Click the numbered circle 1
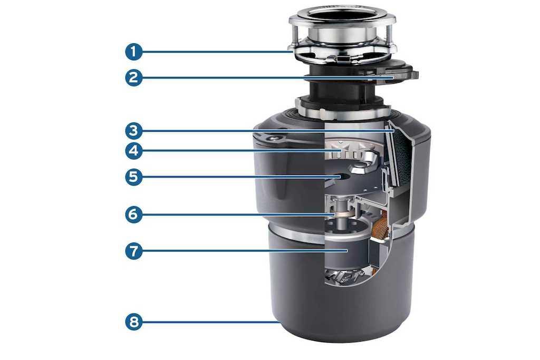click(133, 52)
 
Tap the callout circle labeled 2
click(133, 77)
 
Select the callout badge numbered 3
click(133, 131)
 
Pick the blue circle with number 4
click(133, 151)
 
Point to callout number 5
click(133, 177)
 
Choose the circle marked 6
click(133, 215)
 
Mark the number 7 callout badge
click(133, 250)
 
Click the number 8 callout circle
click(133, 322)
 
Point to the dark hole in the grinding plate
click(341, 177)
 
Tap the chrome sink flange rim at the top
click(342, 18)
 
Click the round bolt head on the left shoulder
click(274, 138)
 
